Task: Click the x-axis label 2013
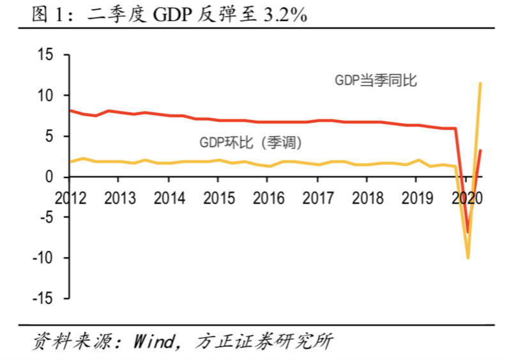tap(119, 198)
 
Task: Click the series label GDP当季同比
tap(376, 80)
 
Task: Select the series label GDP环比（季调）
tap(250, 142)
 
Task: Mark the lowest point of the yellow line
tap(468, 258)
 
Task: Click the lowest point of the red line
tap(468, 232)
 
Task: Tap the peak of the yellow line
tap(480, 83)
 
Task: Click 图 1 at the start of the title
tap(49, 15)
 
